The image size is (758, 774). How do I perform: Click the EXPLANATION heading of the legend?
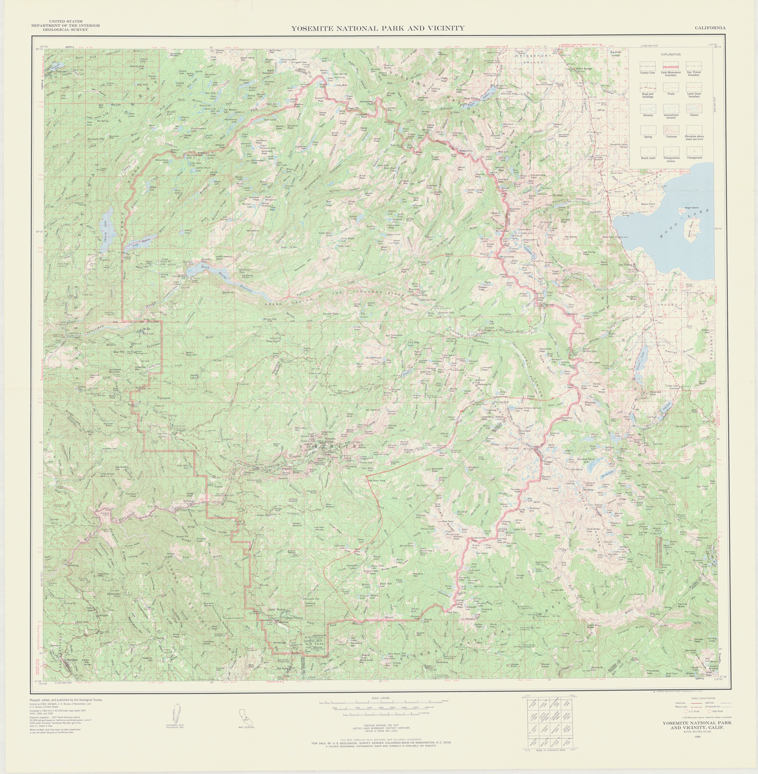pyautogui.click(x=671, y=55)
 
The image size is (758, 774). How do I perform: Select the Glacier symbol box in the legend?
pyautogui.click(x=694, y=109)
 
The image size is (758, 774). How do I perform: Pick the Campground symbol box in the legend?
pyautogui.click(x=694, y=151)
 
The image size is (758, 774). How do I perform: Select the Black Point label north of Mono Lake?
pyautogui.click(x=648, y=204)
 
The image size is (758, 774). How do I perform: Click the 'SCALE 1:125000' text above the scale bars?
pyautogui.click(x=381, y=698)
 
